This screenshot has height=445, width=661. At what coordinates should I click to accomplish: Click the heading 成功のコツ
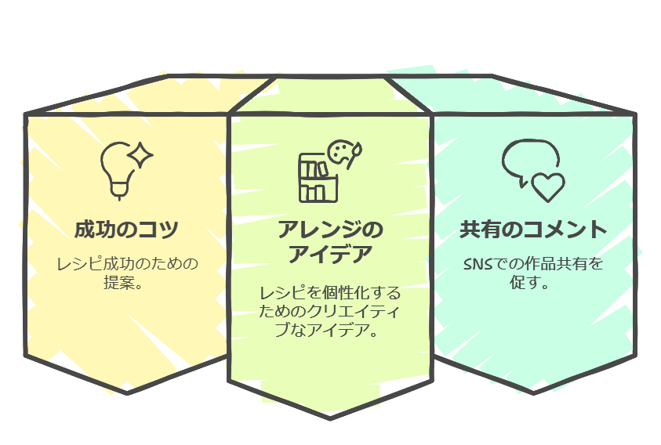[126, 230]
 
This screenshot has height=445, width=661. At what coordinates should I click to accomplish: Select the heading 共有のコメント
[533, 230]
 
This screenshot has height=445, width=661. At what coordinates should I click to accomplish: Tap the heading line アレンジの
[330, 230]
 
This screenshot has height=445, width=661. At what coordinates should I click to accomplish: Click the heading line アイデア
[330, 255]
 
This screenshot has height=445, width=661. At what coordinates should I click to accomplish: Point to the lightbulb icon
[118, 168]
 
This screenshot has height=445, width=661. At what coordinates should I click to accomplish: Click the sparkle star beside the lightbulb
[142, 155]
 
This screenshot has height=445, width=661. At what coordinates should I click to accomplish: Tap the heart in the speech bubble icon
[547, 186]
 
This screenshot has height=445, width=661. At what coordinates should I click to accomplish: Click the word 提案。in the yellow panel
[126, 282]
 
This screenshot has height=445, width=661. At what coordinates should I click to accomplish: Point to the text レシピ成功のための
[126, 263]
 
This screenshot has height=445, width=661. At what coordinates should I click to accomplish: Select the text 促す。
[533, 282]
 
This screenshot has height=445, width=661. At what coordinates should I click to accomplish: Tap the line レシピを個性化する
[330, 293]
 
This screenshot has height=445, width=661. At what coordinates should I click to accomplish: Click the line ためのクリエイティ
[330, 312]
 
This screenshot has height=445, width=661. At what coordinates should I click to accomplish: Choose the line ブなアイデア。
[330, 331]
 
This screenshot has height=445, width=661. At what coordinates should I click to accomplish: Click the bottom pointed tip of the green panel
[329, 418]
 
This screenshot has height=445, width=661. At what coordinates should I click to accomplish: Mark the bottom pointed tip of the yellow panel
[127, 392]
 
